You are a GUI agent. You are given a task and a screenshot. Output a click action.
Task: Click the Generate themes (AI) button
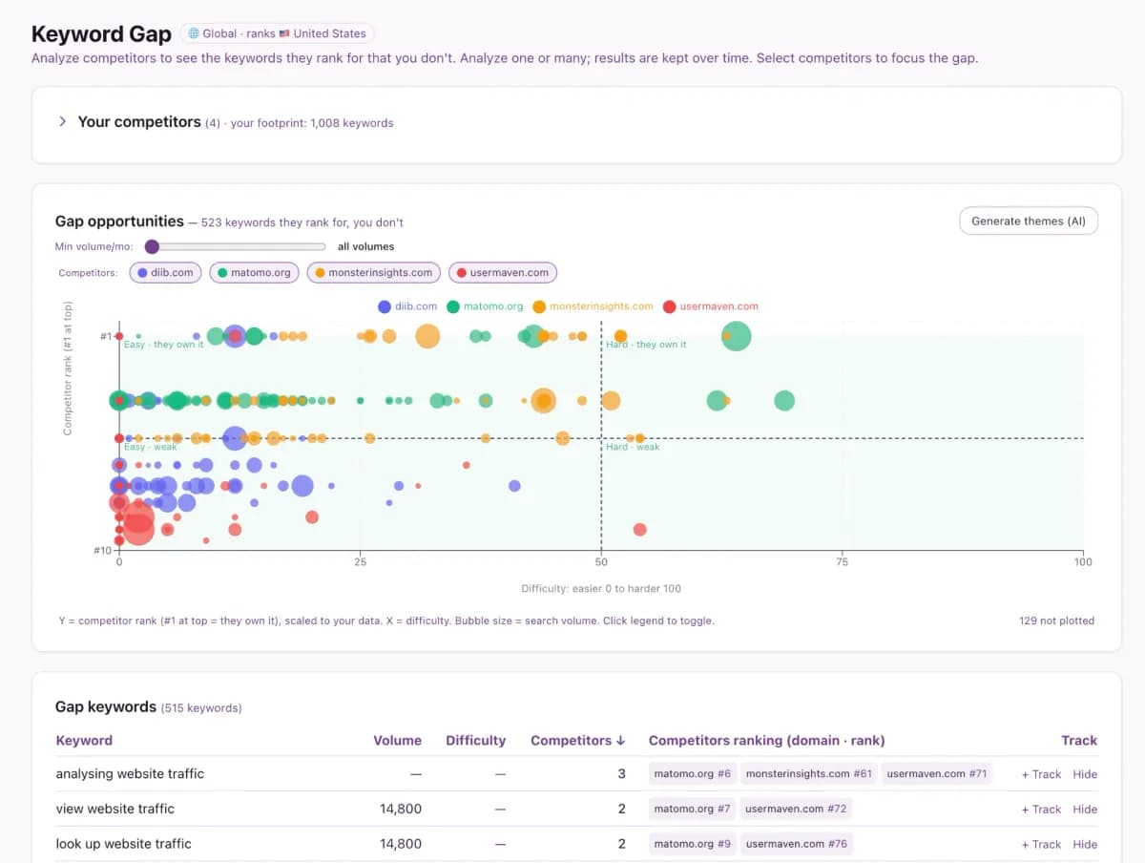coord(1029,221)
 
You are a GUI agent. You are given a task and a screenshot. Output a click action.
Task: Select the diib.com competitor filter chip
coord(165,272)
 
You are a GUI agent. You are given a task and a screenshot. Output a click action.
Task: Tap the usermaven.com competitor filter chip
coord(502,272)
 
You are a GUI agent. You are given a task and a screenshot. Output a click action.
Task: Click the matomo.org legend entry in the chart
coord(485,306)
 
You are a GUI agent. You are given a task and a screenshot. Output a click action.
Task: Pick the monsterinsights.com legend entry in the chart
coord(593,306)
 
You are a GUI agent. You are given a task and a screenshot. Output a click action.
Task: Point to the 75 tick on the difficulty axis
coord(842,561)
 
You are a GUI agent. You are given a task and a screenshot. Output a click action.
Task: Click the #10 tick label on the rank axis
coord(102,550)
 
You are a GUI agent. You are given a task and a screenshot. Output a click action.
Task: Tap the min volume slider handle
coord(152,246)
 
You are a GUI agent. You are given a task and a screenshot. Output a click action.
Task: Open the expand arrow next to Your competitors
coord(63,121)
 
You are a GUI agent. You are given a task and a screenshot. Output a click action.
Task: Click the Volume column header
coord(397,740)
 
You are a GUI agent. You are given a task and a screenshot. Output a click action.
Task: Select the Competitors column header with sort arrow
coord(577,740)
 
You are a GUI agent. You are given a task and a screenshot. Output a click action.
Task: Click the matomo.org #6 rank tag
coord(692,773)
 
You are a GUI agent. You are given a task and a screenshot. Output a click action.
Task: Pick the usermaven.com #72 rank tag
coord(796,809)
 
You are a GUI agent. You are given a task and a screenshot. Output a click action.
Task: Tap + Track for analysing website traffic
coord(1041,774)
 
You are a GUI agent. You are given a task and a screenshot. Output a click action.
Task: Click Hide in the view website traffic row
coord(1085,809)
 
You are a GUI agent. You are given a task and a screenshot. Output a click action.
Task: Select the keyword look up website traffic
coord(124,843)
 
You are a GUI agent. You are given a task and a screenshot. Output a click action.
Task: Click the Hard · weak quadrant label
coord(633,447)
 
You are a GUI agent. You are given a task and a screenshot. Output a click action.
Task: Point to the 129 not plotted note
coord(1056,621)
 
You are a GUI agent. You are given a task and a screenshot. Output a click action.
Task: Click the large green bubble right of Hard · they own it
coord(736,336)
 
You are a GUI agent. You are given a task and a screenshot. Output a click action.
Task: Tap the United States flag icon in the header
coord(284,33)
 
